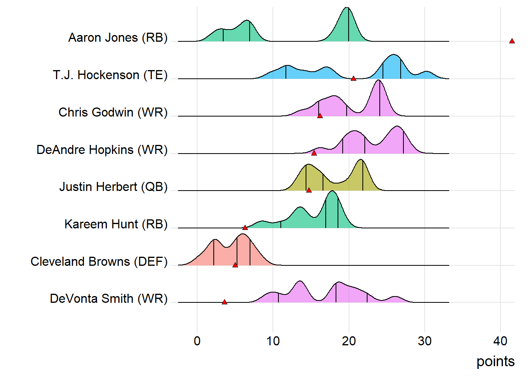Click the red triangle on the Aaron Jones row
pyautogui.click(x=512, y=41)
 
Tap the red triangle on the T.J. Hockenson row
pyautogui.click(x=353, y=78)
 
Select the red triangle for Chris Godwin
pyautogui.click(x=320, y=116)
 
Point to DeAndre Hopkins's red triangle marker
pyautogui.click(x=314, y=153)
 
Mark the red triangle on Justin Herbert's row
pyautogui.click(x=309, y=190)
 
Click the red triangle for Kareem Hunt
pyautogui.click(x=245, y=228)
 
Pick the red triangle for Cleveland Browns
pyautogui.click(x=235, y=265)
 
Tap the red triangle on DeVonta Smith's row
pyautogui.click(x=224, y=302)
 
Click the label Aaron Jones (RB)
pyautogui.click(x=118, y=37)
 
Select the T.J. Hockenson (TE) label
pyautogui.click(x=110, y=75)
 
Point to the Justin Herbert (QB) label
pyautogui.click(x=114, y=187)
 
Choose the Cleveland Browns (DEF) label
pyautogui.click(x=99, y=261)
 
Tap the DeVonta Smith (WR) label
pyautogui.click(x=109, y=298)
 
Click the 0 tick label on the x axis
pyautogui.click(x=197, y=341)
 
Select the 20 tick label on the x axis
pyautogui.click(x=349, y=341)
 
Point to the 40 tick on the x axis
pyautogui.click(x=500, y=341)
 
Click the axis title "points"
pyautogui.click(x=495, y=361)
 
